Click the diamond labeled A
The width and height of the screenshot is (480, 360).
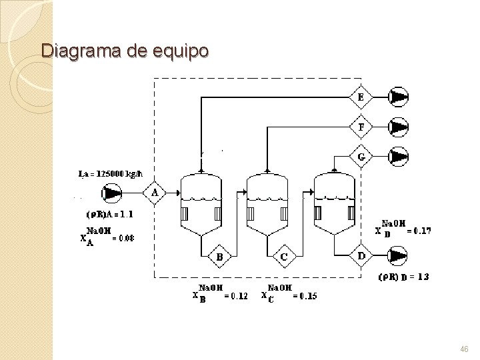click(x=155, y=193)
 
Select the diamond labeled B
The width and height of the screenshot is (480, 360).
click(x=219, y=255)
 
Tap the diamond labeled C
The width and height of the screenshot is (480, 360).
click(x=284, y=255)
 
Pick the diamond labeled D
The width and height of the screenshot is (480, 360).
click(x=361, y=255)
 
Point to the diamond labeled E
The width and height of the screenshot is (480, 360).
click(x=361, y=97)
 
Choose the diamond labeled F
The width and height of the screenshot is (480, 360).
click(x=361, y=126)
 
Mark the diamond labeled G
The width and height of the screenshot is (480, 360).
click(x=361, y=157)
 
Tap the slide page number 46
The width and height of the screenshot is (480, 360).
click(x=464, y=349)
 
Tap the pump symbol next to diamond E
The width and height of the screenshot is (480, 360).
click(x=399, y=97)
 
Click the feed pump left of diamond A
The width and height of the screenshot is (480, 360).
click(x=112, y=193)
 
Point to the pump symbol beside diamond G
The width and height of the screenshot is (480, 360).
click(x=399, y=157)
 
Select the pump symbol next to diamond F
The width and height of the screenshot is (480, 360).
click(x=399, y=126)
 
